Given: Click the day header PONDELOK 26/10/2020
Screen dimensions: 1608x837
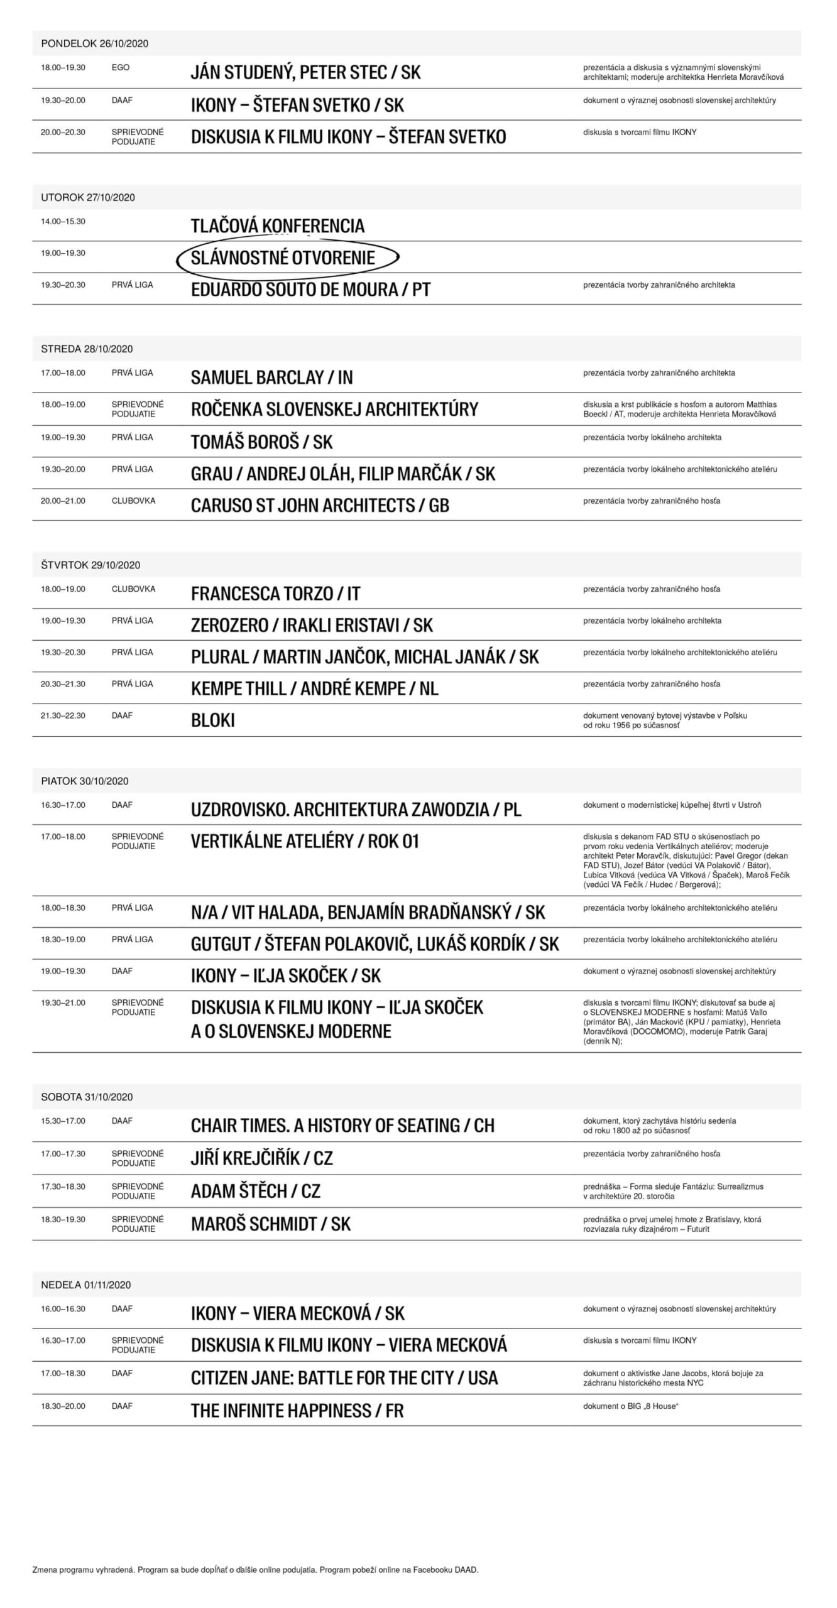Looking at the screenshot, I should coord(94,43).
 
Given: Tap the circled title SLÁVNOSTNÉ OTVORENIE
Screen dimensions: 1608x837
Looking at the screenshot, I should coord(283,258).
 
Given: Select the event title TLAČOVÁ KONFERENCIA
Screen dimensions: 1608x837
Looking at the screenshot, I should coord(277,225).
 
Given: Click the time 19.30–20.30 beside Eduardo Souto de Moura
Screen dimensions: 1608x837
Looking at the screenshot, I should coord(63,285).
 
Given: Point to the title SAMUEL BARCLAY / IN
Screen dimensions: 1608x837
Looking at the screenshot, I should coord(271,378).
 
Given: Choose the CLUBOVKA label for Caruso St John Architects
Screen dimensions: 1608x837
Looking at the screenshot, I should coord(133,501).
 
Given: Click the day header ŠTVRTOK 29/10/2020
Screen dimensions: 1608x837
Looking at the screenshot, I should coord(90,565).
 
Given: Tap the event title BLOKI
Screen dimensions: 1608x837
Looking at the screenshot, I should coord(212,720).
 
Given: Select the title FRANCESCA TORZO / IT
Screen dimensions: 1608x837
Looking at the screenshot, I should coord(275,594).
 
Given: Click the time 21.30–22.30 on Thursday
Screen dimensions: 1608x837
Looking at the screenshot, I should coord(63,715).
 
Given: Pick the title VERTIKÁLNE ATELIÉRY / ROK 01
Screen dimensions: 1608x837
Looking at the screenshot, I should coord(305,842).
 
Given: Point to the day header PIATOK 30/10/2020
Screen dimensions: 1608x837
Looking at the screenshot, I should coord(85,781).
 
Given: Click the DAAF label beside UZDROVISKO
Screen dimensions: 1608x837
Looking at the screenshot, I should coord(122,805).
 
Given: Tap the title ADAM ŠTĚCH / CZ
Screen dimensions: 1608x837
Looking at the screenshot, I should coord(255,1191).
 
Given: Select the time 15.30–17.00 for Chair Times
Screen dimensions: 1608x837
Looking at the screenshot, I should coord(63,1121).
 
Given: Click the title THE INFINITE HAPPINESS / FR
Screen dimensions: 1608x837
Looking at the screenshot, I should coord(297,1411).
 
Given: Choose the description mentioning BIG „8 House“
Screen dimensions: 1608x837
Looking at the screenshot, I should coord(630,1406).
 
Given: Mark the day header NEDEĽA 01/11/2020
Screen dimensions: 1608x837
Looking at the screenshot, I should coord(86,1285).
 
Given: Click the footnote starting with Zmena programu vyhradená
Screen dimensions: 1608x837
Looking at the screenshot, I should coord(255,1570).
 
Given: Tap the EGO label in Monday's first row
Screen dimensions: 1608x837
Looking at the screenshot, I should coord(120,67).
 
